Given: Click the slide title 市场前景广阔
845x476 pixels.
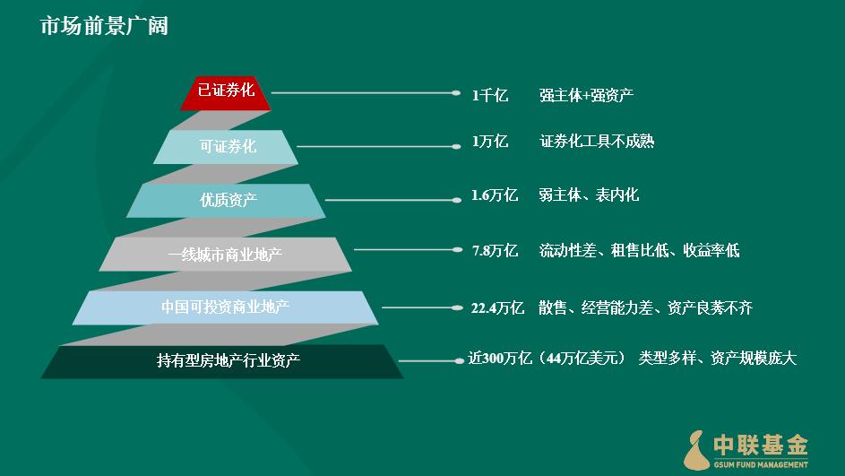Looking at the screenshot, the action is (x=105, y=26).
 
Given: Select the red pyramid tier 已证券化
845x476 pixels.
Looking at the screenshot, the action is (x=226, y=93).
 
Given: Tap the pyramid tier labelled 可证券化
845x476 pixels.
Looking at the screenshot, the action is (x=226, y=147).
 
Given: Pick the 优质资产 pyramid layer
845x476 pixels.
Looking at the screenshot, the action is (x=226, y=201).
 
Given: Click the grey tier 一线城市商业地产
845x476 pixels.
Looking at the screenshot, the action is (x=226, y=254).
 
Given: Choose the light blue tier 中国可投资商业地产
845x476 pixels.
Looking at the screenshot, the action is (x=226, y=307).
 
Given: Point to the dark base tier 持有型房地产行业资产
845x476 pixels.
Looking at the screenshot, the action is (x=222, y=361).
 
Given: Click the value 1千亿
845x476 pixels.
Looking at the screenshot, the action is (x=490, y=95).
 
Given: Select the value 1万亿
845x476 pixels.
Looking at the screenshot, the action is (x=490, y=142).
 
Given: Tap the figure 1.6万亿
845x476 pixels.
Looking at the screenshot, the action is (x=494, y=195).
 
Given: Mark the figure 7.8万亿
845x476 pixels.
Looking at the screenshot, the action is (x=495, y=250).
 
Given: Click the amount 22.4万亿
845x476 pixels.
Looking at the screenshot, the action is (x=497, y=307).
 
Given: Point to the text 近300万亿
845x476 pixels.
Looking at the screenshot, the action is (x=501, y=358).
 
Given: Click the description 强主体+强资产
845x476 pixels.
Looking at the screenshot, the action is (x=586, y=95).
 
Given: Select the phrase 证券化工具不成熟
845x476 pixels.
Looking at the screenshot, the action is (x=597, y=142).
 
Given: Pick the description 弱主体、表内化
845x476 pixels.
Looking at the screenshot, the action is (x=589, y=195).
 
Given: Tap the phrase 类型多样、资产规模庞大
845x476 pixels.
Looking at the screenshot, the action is (x=717, y=358).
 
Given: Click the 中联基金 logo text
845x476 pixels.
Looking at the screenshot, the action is (x=761, y=446).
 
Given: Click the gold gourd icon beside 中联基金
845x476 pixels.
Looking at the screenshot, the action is (x=697, y=450).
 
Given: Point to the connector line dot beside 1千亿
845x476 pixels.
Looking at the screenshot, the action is (x=456, y=92).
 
